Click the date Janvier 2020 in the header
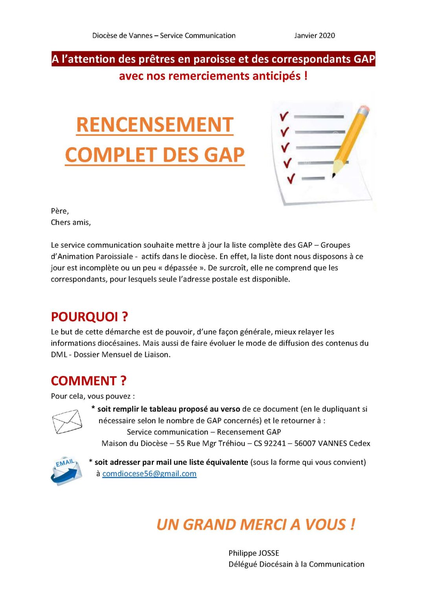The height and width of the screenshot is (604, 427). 314,35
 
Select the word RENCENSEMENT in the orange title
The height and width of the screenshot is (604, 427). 155,125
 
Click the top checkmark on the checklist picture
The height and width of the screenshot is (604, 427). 284,116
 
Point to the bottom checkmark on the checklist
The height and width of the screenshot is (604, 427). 291,179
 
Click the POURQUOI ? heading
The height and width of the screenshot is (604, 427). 89,317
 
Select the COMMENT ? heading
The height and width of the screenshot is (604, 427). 88,381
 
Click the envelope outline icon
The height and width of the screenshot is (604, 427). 67,422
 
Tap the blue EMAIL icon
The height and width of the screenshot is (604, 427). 66,471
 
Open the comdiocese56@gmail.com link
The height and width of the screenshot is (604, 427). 149,473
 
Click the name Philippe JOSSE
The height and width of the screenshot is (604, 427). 254,553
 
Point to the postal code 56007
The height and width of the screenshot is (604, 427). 305,443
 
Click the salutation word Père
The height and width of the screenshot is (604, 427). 59,211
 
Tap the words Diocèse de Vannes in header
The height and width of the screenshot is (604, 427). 122,35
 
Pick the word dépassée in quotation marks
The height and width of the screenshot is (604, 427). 180,268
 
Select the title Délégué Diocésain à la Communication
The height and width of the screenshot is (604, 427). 296,564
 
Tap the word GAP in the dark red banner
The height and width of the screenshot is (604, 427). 364,59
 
